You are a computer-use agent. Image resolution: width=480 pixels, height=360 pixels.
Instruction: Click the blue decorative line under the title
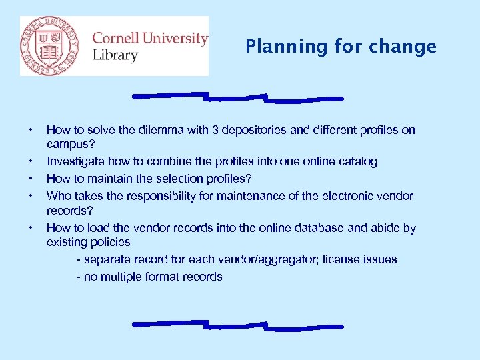pos(238,98)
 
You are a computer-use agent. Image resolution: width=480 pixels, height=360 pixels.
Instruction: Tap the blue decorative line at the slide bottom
pos(238,326)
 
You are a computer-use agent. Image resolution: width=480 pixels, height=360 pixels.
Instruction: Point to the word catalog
pos(357,161)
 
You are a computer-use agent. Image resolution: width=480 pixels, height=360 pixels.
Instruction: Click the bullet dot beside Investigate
pos(31,161)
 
